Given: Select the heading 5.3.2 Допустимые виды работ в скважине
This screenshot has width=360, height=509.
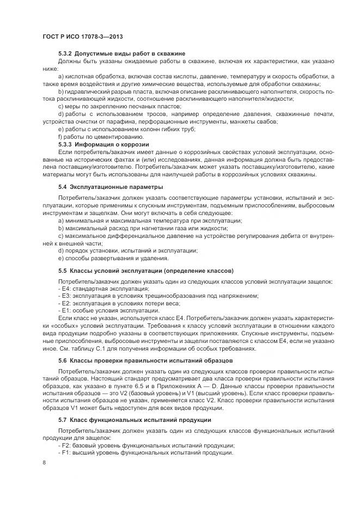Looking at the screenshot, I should pos(122,53).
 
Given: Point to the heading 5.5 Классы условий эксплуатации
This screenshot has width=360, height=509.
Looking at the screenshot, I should pos(145,271).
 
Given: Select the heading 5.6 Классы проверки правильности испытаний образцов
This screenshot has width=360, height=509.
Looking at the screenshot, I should pos(145,360).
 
